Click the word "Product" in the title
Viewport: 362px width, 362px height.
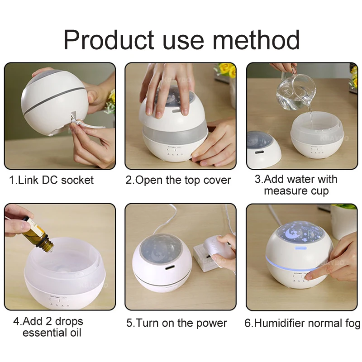point(109,39)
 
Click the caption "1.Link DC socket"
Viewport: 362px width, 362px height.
point(51,180)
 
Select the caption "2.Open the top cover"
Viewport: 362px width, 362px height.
point(178,180)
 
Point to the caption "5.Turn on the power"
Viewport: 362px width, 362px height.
point(176,323)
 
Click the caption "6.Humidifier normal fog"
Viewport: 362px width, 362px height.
point(302,323)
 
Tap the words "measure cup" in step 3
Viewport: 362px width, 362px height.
point(296,191)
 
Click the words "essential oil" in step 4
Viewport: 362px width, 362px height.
point(52,333)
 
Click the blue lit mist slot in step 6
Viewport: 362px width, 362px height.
point(300,248)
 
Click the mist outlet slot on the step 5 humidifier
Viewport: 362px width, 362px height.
point(170,267)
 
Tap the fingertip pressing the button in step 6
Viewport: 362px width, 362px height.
point(310,276)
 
